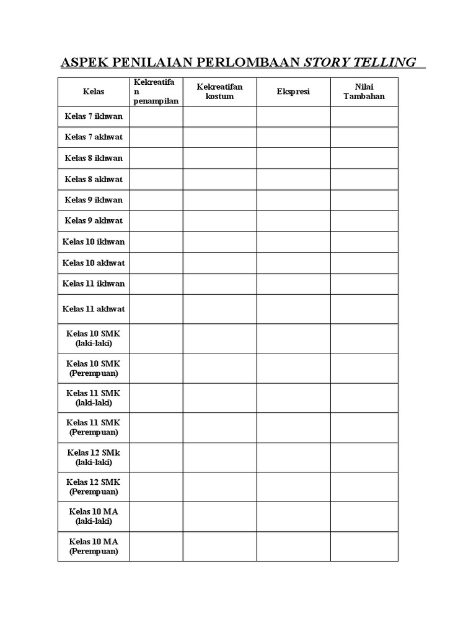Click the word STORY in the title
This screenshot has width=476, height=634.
coord(325,63)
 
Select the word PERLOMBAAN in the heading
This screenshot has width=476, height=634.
coord(252,63)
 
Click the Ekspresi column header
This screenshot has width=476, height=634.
coord(293,92)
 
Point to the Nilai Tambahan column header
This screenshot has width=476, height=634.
coord(364,92)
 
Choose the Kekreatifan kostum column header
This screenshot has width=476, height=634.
coord(219,92)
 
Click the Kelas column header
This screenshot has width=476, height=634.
coord(94,92)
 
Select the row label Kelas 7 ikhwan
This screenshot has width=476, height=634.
coord(94,116)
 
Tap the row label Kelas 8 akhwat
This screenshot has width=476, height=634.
coord(94,179)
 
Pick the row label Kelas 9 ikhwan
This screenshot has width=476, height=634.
coord(94,200)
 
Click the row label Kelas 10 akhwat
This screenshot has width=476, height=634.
coord(94,263)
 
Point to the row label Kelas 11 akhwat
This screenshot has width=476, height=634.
coord(94,308)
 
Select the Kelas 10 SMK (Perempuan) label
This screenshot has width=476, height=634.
coord(94,368)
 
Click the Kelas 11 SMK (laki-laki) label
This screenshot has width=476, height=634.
coord(94,397)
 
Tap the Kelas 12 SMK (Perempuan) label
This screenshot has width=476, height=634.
coord(94,487)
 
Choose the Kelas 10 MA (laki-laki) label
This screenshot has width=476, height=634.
coord(94,516)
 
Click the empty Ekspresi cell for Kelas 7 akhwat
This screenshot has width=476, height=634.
coord(293,137)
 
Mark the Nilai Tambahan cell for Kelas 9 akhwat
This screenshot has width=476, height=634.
coord(364,220)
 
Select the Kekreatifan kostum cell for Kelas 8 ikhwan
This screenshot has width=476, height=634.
coord(219,158)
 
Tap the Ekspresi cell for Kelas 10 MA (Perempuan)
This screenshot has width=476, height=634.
coord(293,546)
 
